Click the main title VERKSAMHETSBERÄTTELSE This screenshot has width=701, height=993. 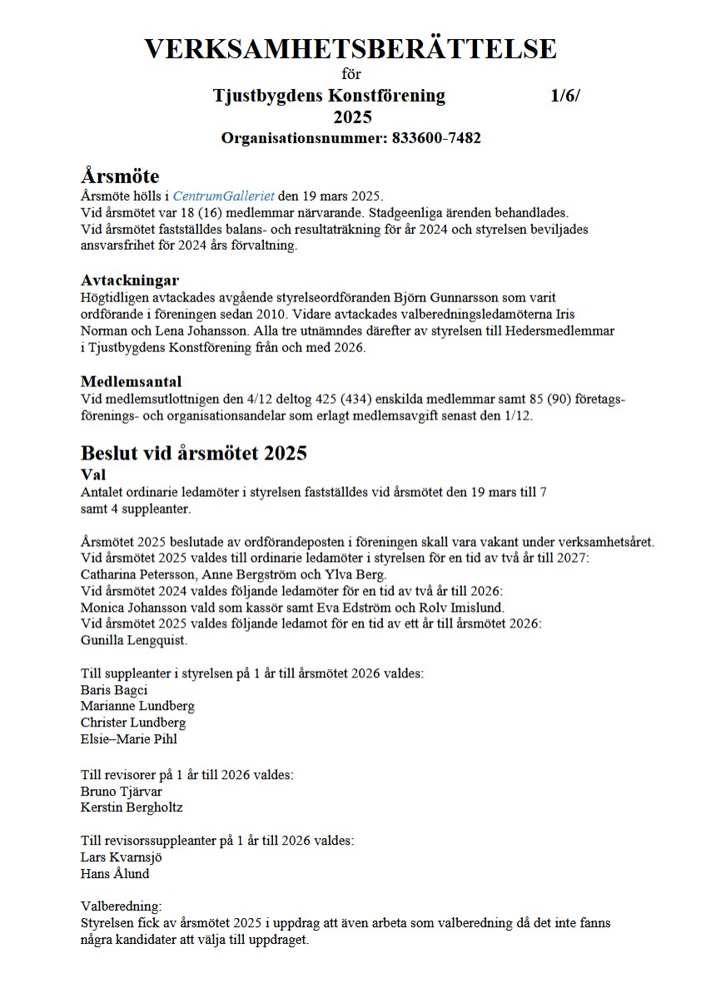350,48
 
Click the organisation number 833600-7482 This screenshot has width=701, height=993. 436,138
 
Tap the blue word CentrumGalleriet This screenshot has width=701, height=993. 223,196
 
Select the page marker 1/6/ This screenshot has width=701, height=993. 565,96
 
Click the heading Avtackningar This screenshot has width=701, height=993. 130,280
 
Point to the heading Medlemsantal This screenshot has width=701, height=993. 131,382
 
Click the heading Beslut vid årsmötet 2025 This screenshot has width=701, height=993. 194,453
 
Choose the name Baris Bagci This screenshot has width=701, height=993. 114,690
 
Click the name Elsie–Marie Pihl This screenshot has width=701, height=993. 128,738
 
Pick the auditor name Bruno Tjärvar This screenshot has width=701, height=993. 122,791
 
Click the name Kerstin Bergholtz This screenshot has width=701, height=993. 132,807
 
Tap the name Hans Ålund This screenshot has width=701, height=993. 115,873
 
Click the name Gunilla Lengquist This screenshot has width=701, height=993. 134,640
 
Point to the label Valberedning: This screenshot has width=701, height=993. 122,906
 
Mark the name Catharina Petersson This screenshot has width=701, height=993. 137,574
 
